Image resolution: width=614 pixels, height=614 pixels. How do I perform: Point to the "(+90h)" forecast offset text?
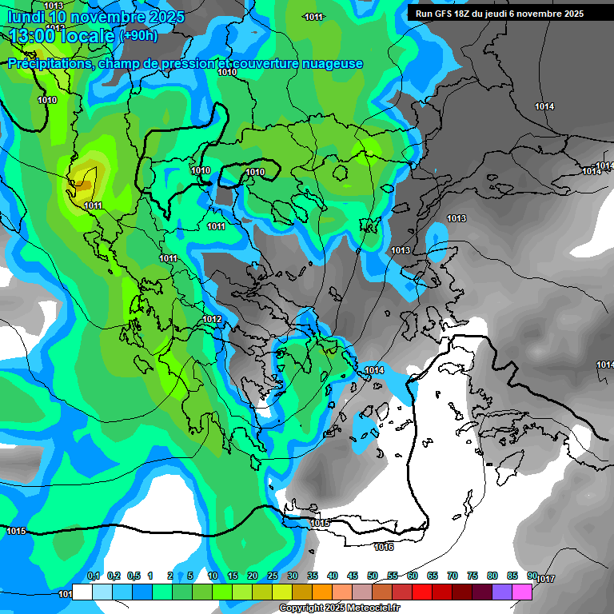[x=138, y=36]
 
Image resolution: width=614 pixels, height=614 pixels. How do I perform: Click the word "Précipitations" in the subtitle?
[x=49, y=64]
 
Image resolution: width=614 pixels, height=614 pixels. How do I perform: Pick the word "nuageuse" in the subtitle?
[x=329, y=64]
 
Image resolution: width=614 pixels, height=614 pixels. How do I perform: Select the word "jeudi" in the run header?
[x=507, y=14]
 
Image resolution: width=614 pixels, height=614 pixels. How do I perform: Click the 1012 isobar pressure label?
[x=212, y=320]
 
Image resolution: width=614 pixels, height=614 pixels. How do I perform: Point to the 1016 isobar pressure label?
[x=384, y=547]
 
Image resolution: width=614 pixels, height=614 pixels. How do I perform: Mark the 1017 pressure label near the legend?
[x=545, y=579]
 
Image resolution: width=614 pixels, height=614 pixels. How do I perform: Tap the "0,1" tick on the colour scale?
[x=94, y=576]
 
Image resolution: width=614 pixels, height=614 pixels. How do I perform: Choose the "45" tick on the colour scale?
[x=353, y=576]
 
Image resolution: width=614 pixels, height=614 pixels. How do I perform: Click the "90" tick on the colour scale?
[x=532, y=576]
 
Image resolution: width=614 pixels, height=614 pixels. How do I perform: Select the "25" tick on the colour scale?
[x=273, y=576]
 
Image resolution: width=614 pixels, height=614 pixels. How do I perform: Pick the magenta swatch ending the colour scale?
[x=522, y=592]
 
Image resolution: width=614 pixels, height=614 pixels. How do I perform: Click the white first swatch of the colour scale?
[x=82, y=592]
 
